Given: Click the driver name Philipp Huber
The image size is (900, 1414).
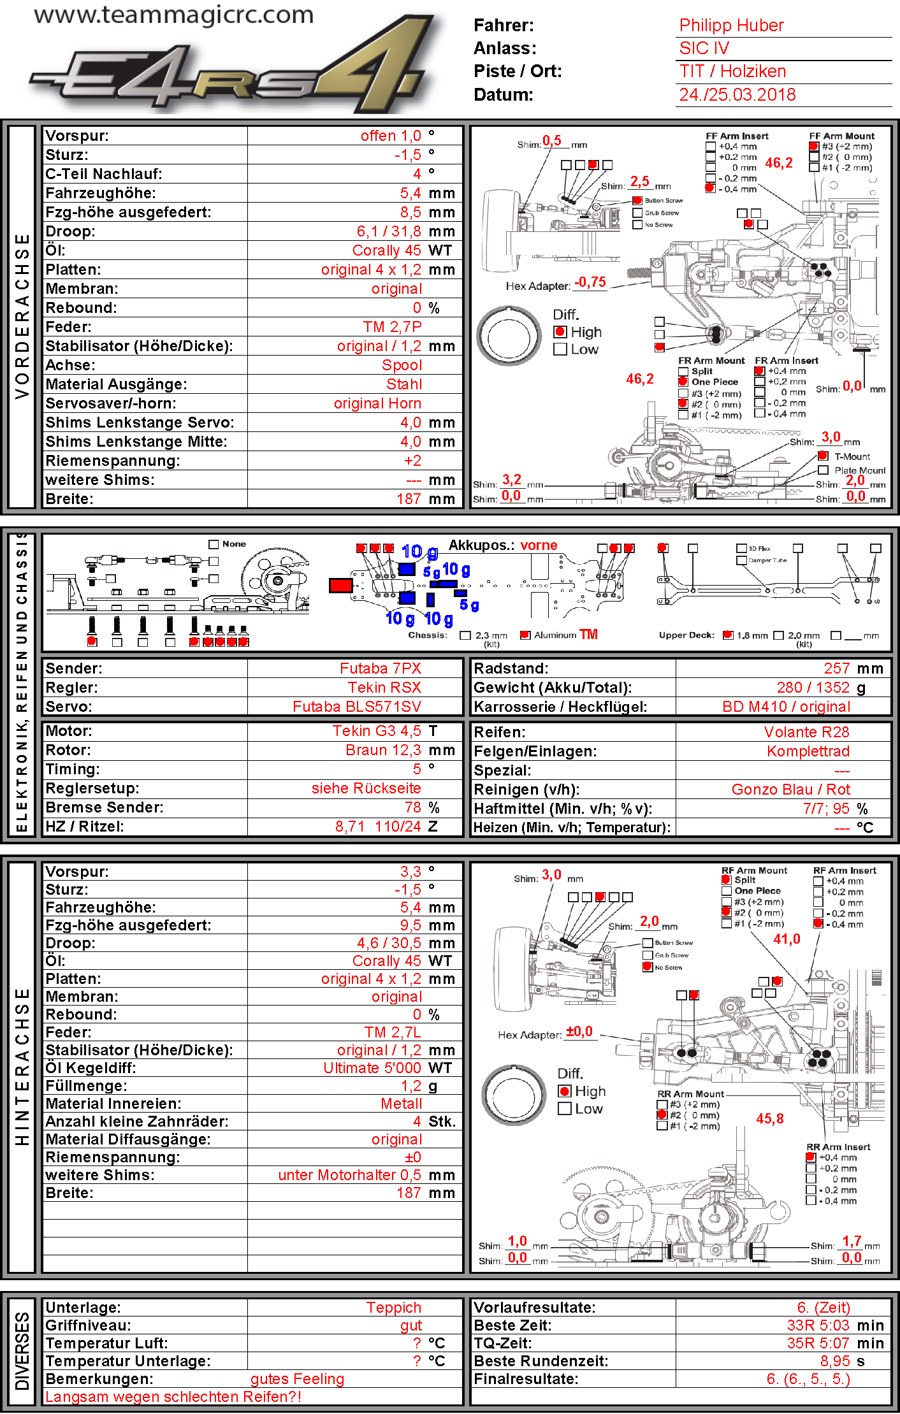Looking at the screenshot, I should [731, 25].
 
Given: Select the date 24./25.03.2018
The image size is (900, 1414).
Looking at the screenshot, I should [737, 95].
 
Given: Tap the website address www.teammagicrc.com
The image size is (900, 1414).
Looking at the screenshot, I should [173, 15].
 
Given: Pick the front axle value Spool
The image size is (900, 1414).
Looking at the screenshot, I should [402, 365].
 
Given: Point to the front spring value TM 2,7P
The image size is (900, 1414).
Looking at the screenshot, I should [392, 327].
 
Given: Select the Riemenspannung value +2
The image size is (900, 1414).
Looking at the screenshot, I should [412, 461].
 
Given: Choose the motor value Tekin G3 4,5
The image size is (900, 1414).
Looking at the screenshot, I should [376, 731].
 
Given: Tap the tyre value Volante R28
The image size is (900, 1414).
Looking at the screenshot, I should [806, 732].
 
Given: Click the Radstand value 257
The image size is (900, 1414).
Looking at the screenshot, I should [836, 668].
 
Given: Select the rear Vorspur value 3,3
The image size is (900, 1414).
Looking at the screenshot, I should [410, 872].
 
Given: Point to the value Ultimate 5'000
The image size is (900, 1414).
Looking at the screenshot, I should [372, 1068].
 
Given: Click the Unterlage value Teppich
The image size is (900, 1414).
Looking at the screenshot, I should [393, 1308].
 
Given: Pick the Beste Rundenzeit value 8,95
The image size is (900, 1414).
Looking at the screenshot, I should [834, 1361].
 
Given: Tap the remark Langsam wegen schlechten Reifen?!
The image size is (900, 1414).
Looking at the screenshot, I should [173, 1397].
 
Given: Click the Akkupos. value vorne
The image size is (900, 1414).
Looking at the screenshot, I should [539, 545].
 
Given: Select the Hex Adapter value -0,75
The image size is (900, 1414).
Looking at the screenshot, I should [590, 282].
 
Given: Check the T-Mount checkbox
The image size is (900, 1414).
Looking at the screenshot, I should [823, 456].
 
